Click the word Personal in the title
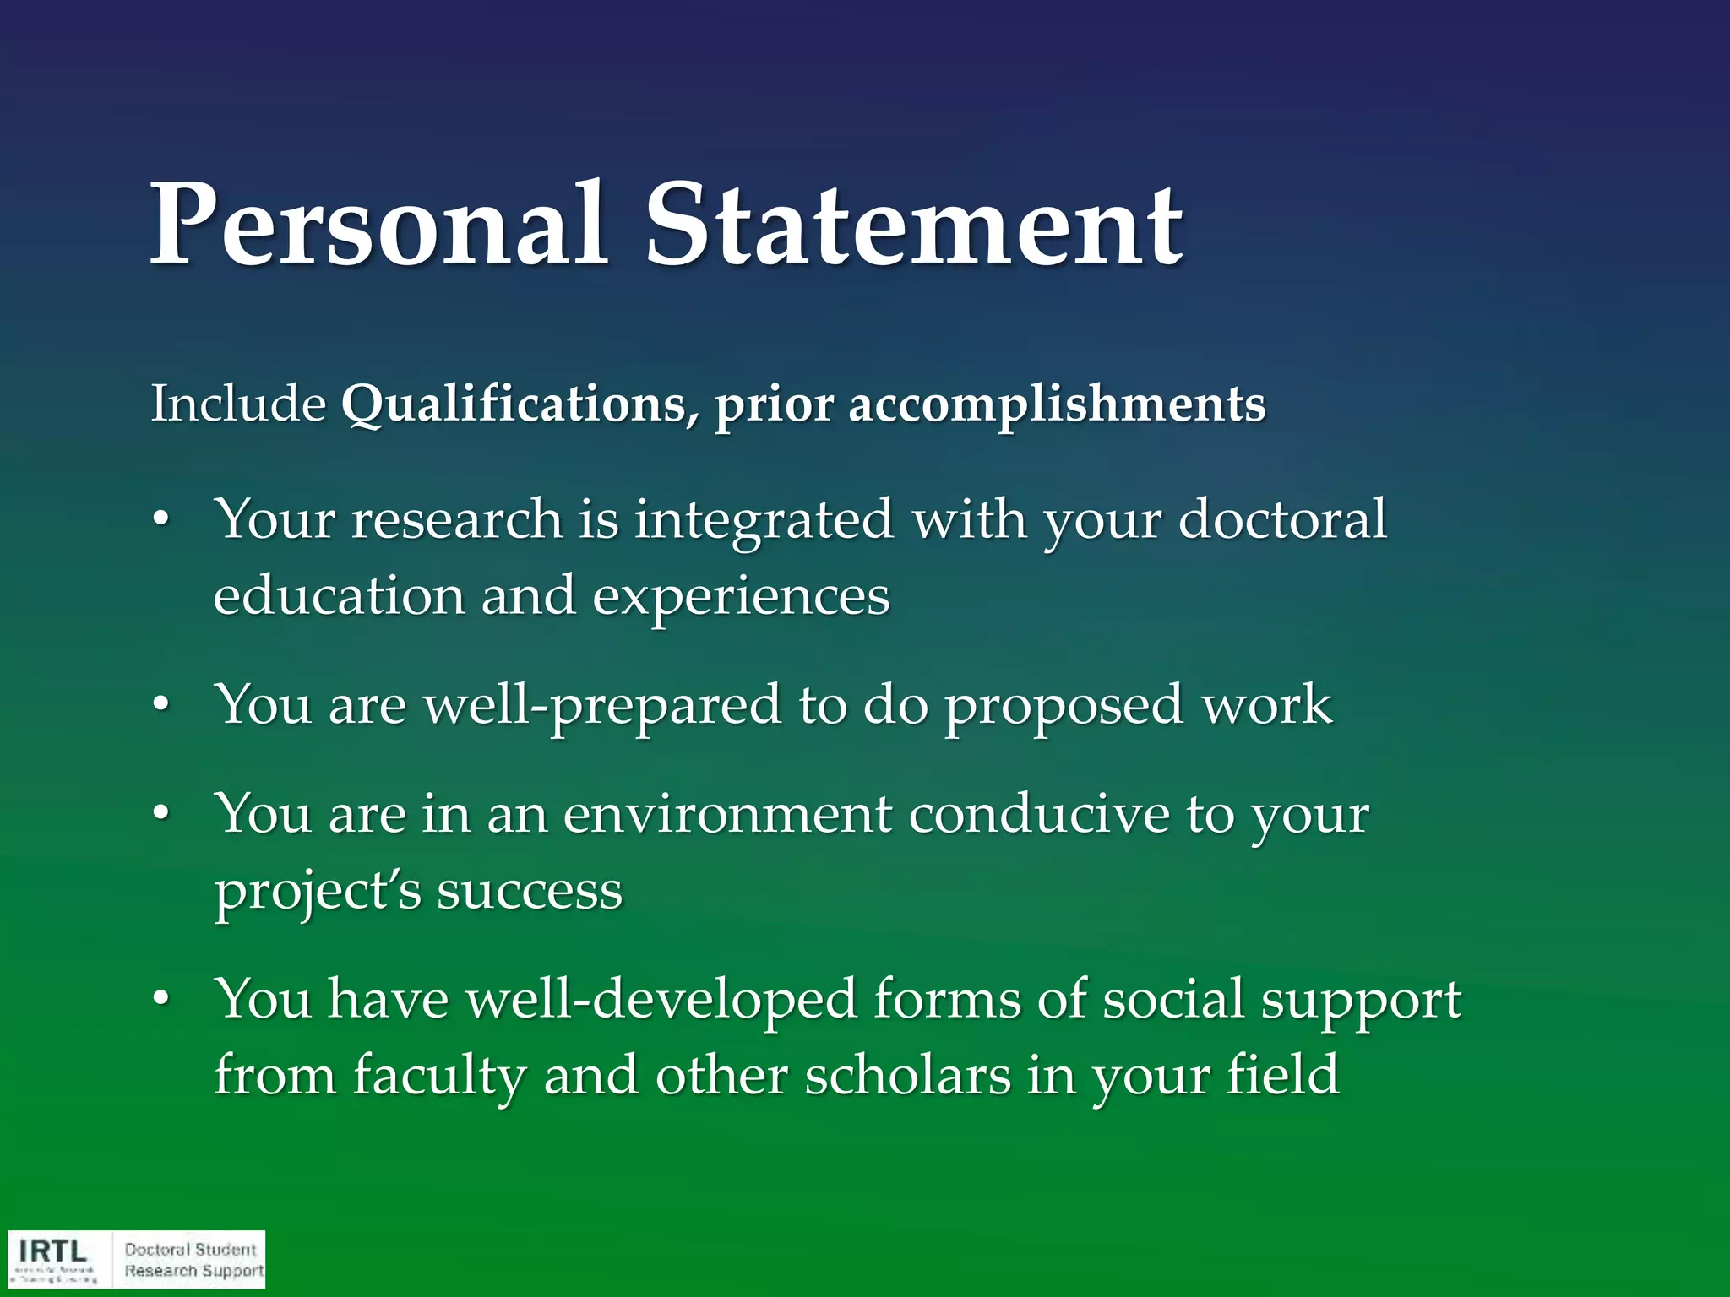click(x=378, y=225)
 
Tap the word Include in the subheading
click(x=238, y=404)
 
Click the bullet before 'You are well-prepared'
click(x=161, y=707)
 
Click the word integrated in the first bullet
click(x=763, y=520)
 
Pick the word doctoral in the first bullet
click(x=1281, y=518)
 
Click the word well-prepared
click(x=601, y=707)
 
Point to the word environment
click(x=727, y=815)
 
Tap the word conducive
click(x=1039, y=815)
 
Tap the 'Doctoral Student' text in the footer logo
click(x=190, y=1250)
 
